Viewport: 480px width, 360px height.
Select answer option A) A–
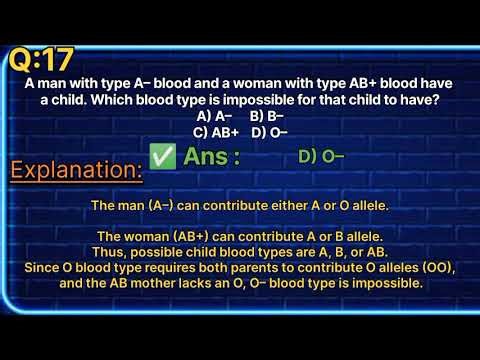tap(213, 116)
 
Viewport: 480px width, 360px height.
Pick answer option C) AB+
tap(216, 131)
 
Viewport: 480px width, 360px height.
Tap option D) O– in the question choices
tap(270, 131)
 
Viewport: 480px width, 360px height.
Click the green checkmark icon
tap(160, 156)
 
